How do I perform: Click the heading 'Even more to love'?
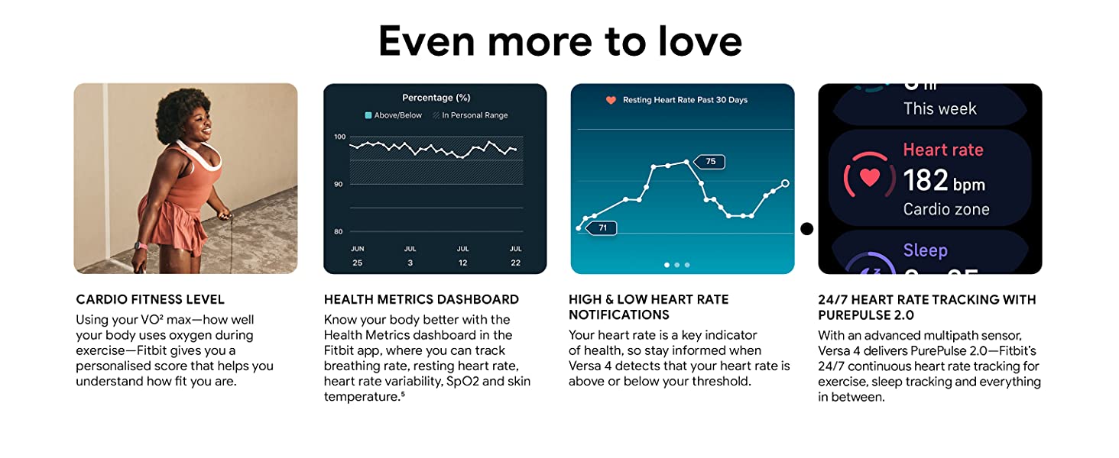pos(559,41)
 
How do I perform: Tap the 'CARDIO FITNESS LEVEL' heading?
pos(150,299)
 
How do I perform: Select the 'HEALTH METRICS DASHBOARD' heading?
pos(421,299)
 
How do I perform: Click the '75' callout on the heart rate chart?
pos(710,162)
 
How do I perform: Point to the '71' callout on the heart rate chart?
pos(602,227)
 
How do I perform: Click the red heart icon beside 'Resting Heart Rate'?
pos(611,100)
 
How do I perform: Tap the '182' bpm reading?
pos(926,181)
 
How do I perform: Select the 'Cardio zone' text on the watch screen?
pos(946,209)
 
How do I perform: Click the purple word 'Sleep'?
pos(925,250)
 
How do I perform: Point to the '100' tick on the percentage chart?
pos(339,137)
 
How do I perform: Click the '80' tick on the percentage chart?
pos(339,231)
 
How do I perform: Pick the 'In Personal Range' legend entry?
pos(469,115)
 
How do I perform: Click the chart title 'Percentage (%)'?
pos(436,98)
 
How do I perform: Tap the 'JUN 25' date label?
pos(357,256)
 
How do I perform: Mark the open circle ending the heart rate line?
pos(785,183)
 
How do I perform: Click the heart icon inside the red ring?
pos(870,177)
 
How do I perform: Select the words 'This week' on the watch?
pos(939,108)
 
